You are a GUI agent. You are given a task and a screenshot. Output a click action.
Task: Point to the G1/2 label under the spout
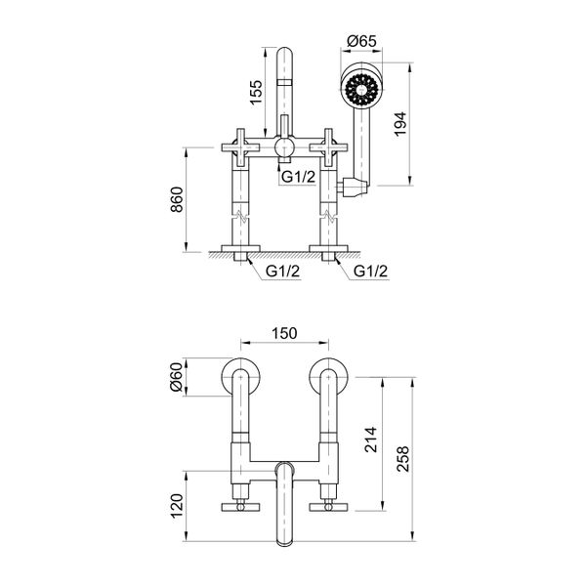pyautogui.click(x=297, y=176)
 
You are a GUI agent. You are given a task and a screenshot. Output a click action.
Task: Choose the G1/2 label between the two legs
pyautogui.click(x=282, y=271)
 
